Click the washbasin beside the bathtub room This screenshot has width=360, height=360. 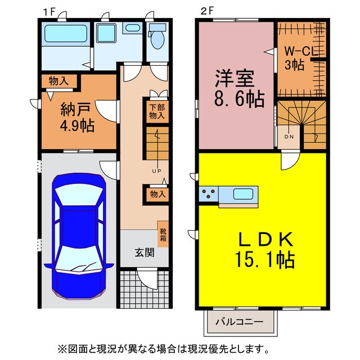(133, 29)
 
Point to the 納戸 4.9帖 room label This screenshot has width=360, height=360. (77, 116)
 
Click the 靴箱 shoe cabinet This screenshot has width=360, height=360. (163, 235)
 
